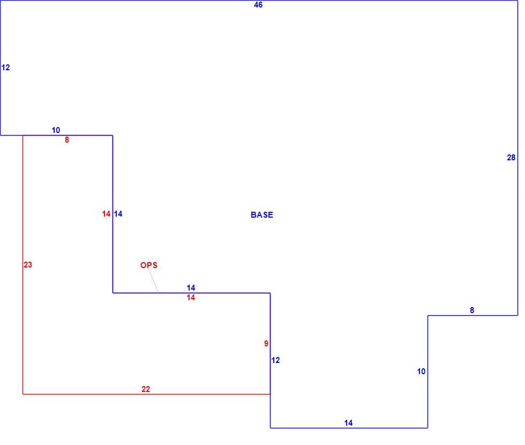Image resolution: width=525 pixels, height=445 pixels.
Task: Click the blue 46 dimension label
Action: click(x=258, y=5)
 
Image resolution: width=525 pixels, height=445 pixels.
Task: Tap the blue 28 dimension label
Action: click(x=511, y=158)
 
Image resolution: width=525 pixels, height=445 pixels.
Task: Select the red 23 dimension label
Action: click(x=28, y=265)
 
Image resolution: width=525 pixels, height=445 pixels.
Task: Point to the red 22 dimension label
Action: click(x=146, y=389)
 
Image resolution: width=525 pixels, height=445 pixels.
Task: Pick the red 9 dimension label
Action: click(x=266, y=344)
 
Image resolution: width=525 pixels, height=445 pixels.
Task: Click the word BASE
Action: click(x=262, y=215)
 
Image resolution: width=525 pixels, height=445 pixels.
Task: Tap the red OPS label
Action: click(x=149, y=265)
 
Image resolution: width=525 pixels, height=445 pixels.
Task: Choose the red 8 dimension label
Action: click(x=67, y=140)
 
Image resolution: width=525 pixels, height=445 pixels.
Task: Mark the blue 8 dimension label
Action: click(x=472, y=310)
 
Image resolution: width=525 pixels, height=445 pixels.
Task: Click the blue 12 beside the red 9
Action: click(x=275, y=360)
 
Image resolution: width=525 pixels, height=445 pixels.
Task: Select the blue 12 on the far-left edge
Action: click(x=6, y=68)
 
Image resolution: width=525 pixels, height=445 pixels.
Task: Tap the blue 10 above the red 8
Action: click(x=56, y=130)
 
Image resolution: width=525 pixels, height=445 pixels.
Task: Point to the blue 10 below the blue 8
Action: click(x=421, y=371)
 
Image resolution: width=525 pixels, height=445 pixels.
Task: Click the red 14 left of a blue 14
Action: click(x=106, y=214)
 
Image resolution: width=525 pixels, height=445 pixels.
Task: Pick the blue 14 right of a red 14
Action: click(x=118, y=214)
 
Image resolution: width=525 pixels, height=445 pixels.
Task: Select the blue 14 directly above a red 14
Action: click(x=191, y=288)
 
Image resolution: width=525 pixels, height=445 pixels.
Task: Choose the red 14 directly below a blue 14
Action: click(x=191, y=298)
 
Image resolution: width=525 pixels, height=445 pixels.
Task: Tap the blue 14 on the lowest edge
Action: click(x=348, y=423)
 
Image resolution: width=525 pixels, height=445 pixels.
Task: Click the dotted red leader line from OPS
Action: click(x=153, y=280)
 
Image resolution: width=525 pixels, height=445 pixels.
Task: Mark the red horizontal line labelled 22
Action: click(x=146, y=394)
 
